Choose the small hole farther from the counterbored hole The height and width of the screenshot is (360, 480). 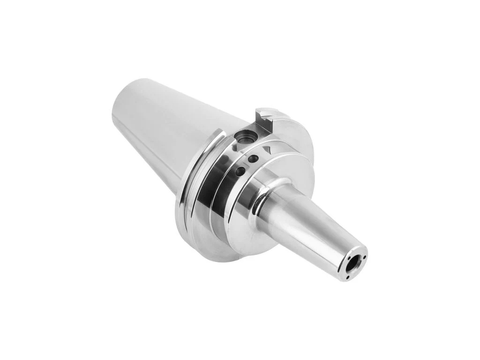coord(240,172)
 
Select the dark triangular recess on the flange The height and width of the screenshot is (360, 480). coord(269,149)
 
